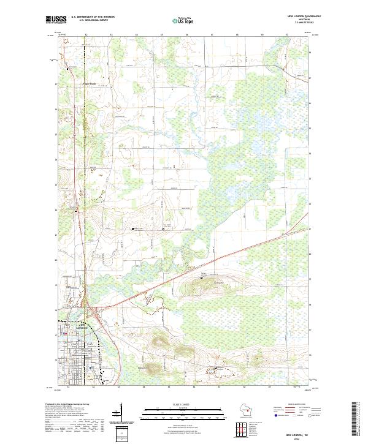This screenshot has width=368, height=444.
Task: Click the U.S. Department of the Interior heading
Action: pos(88,17)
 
